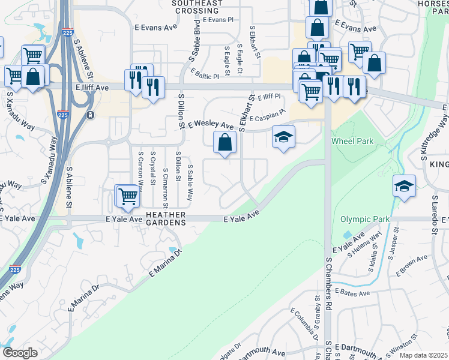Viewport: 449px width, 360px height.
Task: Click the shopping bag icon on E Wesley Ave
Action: tap(224, 143)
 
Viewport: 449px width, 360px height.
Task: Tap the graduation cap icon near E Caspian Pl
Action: tap(283, 137)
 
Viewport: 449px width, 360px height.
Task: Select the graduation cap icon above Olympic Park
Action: tap(405, 186)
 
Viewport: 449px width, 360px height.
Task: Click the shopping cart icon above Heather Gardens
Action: tap(127, 196)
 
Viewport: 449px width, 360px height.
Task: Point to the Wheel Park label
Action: tap(352, 142)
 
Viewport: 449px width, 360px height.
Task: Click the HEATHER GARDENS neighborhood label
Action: tap(164, 218)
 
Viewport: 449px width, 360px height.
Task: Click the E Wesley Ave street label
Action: tap(210, 125)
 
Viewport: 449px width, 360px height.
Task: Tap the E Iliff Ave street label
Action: tap(92, 87)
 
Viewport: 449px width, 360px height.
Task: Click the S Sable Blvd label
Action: tap(195, 41)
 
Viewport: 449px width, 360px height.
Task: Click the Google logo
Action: tap(19, 353)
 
